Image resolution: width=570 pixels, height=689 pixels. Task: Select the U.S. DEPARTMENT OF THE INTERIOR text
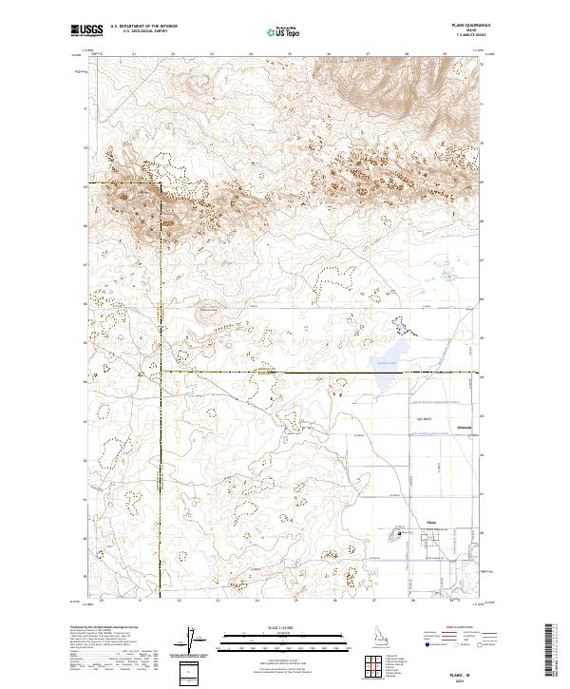(x=137, y=27)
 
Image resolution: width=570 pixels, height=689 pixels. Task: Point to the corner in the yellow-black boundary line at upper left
(x=160, y=183)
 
